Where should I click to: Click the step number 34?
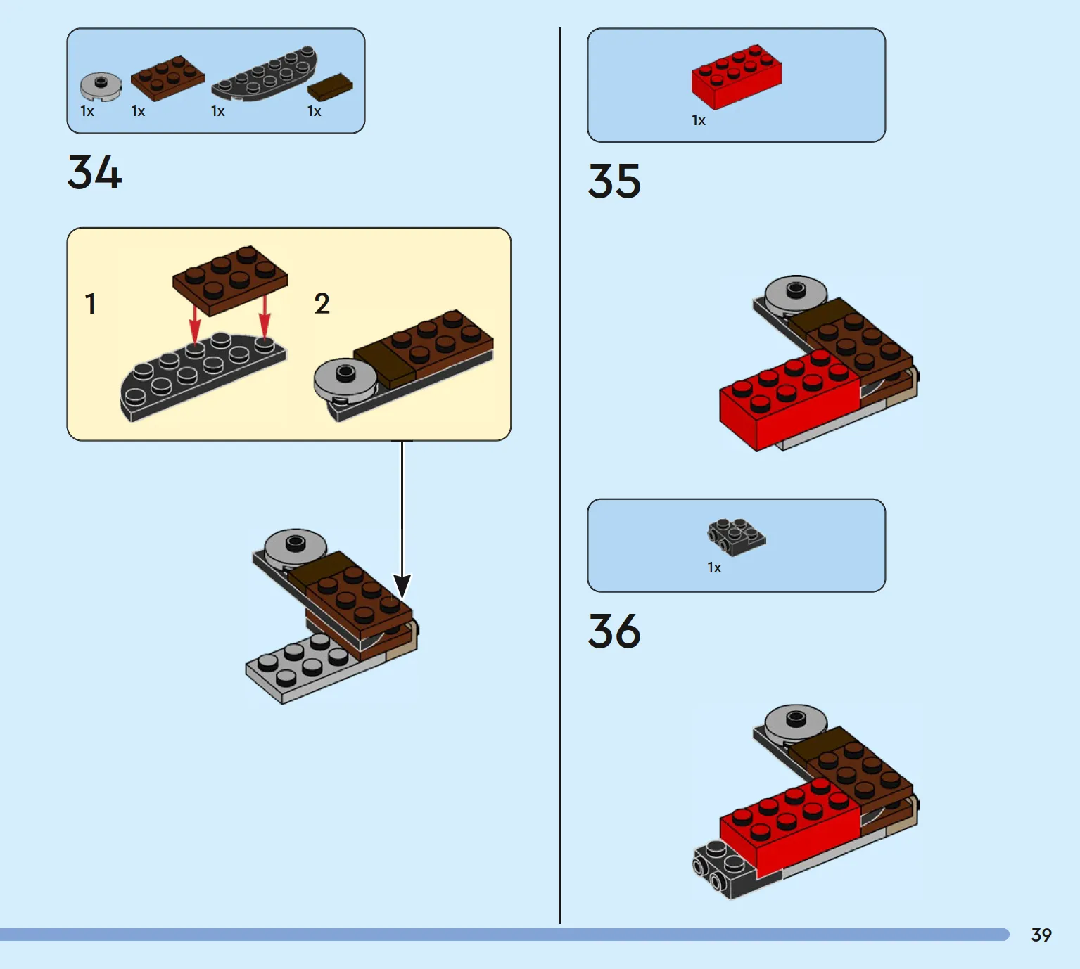click(94, 172)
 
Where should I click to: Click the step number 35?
click(614, 181)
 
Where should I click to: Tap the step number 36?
click(614, 631)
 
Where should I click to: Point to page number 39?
click(1041, 935)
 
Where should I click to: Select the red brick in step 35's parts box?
click(736, 77)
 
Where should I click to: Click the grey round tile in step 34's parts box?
click(101, 86)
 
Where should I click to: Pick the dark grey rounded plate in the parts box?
click(265, 74)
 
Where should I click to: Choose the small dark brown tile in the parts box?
click(329, 87)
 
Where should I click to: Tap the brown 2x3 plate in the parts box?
click(167, 78)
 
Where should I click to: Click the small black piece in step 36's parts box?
click(736, 537)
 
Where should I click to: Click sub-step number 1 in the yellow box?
click(90, 304)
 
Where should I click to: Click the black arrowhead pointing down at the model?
click(402, 586)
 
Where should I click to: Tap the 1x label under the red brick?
click(699, 120)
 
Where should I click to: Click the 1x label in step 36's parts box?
click(714, 567)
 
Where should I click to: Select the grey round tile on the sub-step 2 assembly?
click(345, 380)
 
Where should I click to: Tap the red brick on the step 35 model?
click(789, 399)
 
